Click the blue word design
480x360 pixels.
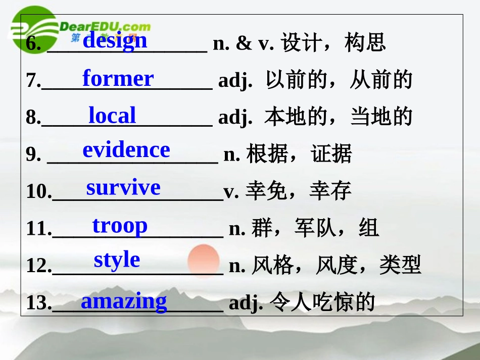tap(115, 40)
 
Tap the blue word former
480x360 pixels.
tap(118, 79)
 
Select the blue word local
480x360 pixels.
tap(112, 116)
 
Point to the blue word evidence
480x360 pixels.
tap(126, 150)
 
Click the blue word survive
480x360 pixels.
tap(123, 187)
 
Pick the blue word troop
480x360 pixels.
tap(120, 225)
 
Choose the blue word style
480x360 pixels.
tap(117, 260)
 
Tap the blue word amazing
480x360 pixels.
tap(124, 301)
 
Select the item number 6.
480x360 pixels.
tap(33, 44)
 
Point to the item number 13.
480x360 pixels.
tap(38, 303)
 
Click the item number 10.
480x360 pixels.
tap(38, 192)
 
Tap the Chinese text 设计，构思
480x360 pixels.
tap(333, 43)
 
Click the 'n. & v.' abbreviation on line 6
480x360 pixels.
tap(243, 43)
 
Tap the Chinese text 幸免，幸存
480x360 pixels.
tap(298, 191)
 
